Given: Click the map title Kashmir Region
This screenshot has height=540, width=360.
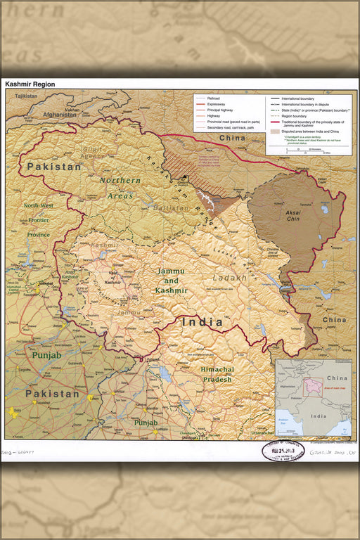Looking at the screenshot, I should pos(30,84).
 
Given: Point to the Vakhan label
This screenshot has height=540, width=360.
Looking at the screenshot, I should pos(72,110).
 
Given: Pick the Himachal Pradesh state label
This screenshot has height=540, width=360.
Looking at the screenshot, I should pos(218,374).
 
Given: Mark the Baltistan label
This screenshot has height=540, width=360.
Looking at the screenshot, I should pos(167,208).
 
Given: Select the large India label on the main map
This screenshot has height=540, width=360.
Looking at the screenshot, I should pos(202,322).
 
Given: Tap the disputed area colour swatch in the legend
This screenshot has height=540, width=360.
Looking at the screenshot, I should pos(274,131).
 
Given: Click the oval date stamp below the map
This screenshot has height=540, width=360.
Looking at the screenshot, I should pos(283,451).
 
